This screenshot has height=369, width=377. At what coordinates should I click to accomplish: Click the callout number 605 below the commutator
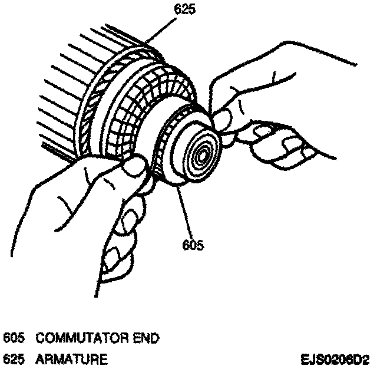[193, 243]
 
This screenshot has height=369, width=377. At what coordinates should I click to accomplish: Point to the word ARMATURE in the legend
[71, 358]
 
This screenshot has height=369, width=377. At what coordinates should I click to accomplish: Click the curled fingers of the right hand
[277, 141]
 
